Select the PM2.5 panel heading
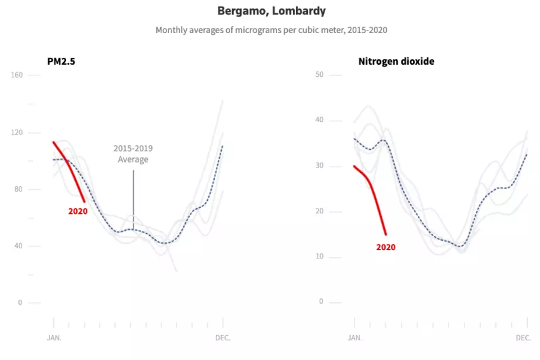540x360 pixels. (x=62, y=62)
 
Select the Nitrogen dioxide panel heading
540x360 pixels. (x=396, y=62)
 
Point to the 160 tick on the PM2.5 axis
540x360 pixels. (x=17, y=75)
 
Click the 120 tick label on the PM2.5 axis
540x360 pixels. (x=17, y=132)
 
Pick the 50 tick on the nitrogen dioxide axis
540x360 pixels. (x=320, y=75)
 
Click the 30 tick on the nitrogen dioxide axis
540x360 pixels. (x=320, y=166)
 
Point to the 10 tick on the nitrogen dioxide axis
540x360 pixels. (x=320, y=257)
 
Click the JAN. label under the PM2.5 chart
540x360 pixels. (x=54, y=338)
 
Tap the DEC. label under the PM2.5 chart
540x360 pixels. (x=222, y=338)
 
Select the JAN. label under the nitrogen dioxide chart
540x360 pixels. (x=354, y=338)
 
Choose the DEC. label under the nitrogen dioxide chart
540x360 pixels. (x=523, y=338)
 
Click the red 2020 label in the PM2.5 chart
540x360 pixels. (x=78, y=211)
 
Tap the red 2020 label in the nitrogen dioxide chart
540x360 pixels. (x=386, y=247)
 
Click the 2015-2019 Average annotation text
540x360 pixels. (x=133, y=154)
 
